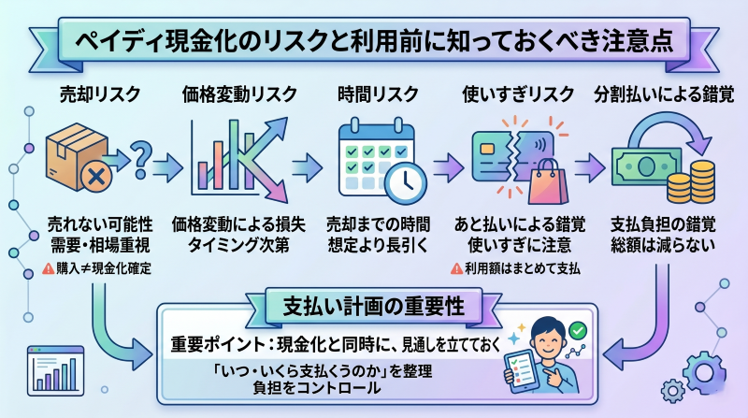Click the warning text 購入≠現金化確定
(x=104, y=267)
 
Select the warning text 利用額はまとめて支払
(x=515, y=267)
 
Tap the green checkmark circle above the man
(x=578, y=329)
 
